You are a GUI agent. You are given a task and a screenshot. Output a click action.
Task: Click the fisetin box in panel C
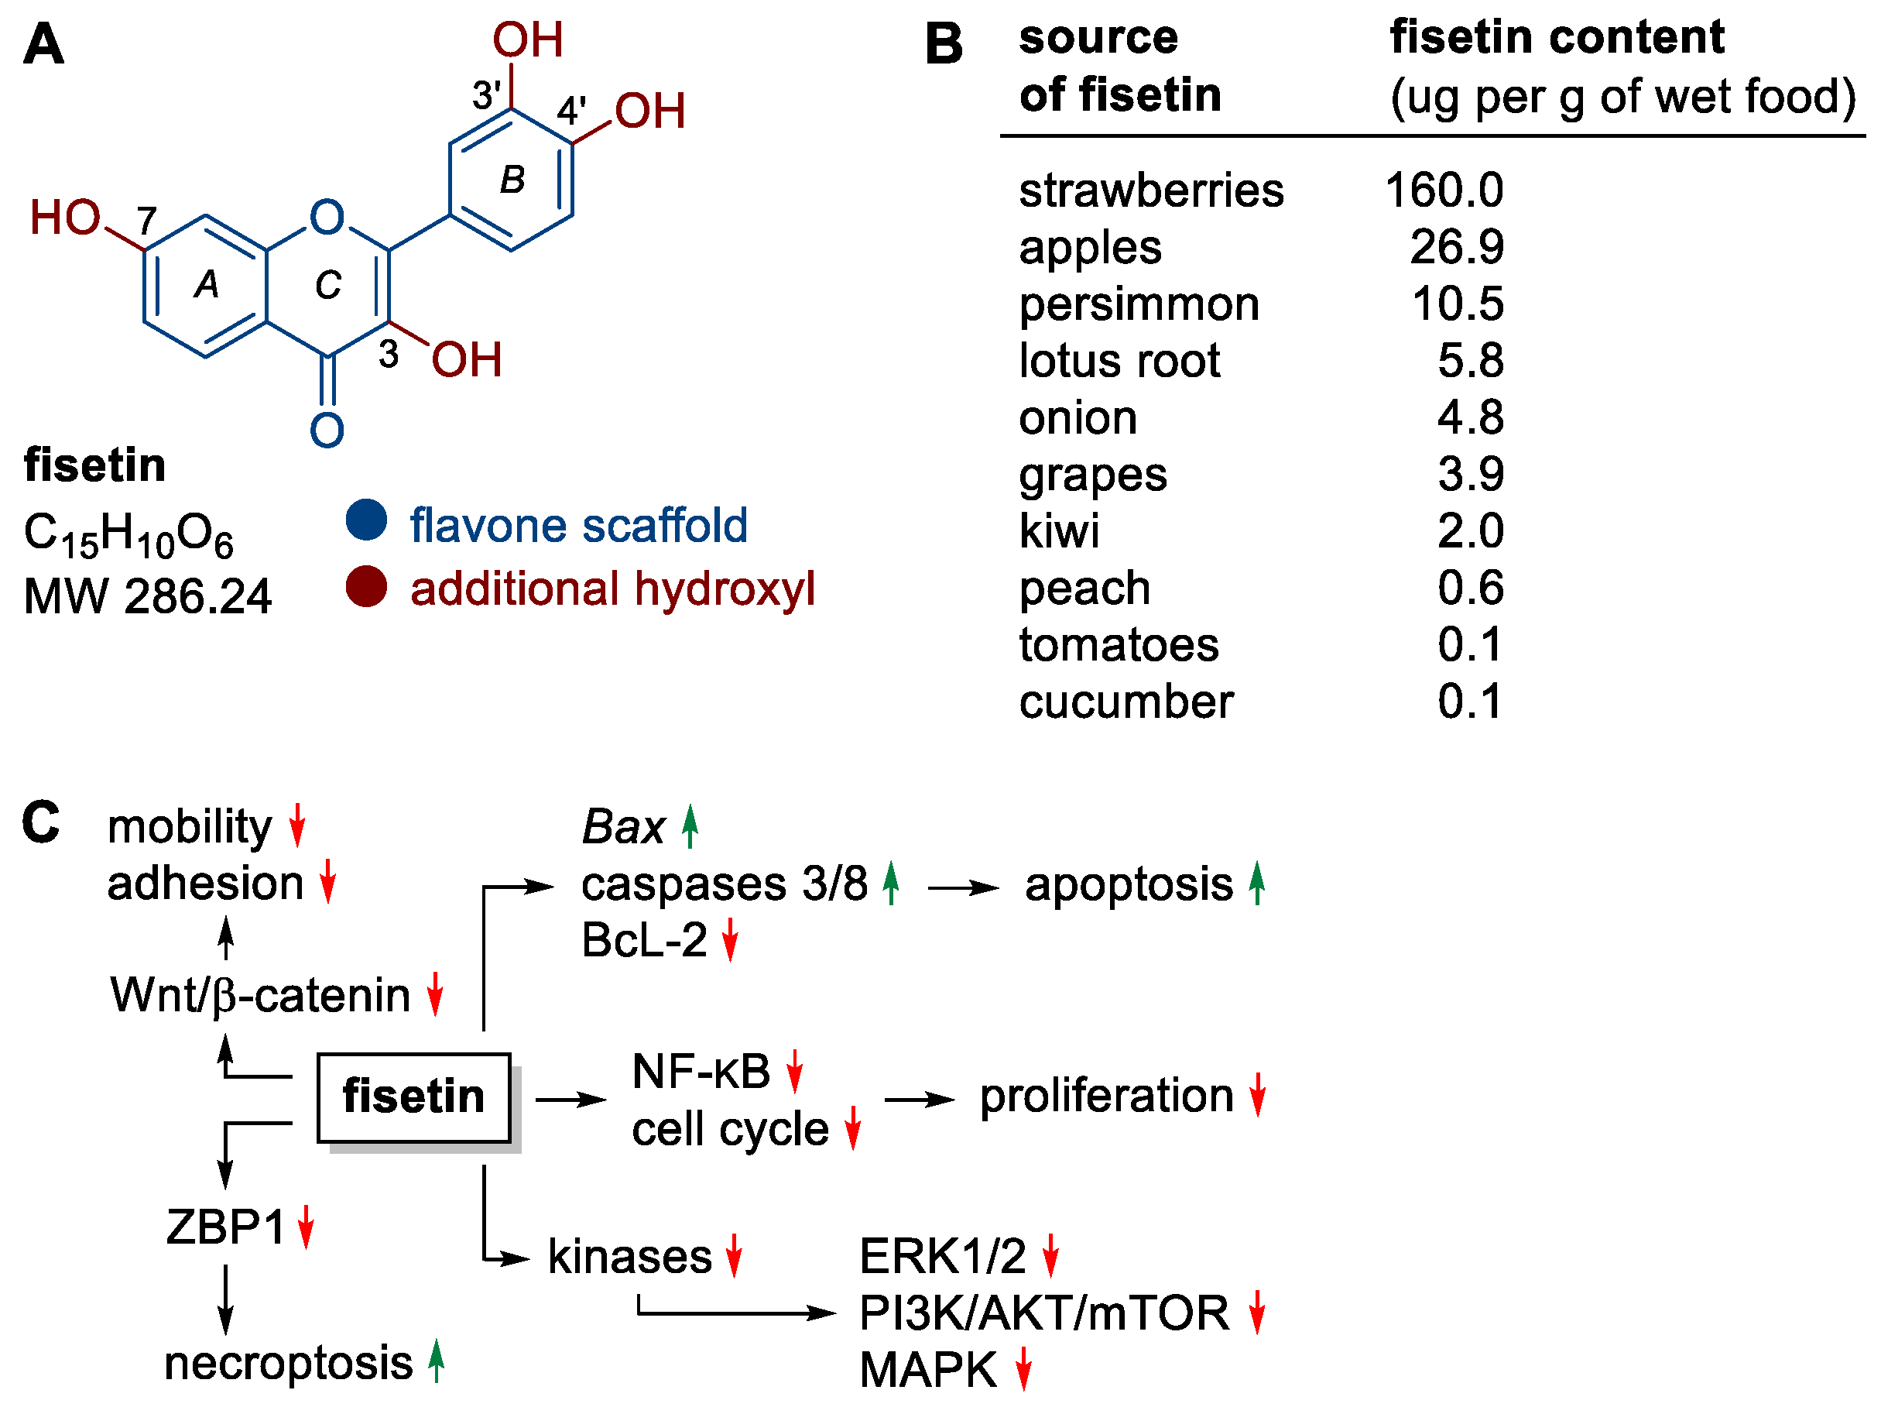(413, 1097)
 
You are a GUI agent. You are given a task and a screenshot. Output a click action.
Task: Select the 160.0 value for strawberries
(1443, 190)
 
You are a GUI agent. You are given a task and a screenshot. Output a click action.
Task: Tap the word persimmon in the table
(1139, 304)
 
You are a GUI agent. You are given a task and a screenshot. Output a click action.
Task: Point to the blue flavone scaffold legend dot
(366, 520)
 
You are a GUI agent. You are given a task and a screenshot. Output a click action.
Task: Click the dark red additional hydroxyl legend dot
(366, 586)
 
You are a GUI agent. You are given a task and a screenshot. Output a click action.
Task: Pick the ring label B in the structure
(512, 180)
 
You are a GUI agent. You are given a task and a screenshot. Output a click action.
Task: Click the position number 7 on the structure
(147, 221)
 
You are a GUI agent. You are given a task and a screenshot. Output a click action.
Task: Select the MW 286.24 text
(147, 595)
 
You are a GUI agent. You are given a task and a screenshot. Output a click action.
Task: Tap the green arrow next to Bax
(690, 826)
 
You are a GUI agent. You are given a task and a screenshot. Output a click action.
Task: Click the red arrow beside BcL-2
(730, 942)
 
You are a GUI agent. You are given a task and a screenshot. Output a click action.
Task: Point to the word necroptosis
(288, 1364)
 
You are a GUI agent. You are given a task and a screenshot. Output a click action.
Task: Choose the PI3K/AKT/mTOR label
(1044, 1313)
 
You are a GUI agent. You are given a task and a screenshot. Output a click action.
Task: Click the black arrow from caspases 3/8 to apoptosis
(964, 888)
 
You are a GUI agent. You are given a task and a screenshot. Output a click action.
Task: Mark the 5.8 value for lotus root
(1470, 361)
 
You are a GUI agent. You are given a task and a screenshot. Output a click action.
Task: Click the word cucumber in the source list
(1126, 702)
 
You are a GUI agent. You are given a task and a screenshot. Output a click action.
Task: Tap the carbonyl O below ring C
(327, 431)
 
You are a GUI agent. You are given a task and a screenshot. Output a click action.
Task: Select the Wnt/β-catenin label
(260, 994)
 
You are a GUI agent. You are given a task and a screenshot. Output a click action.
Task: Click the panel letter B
(943, 44)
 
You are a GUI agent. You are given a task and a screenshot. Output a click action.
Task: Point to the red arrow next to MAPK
(1023, 1369)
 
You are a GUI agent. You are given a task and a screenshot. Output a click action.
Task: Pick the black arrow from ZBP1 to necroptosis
(225, 1299)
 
